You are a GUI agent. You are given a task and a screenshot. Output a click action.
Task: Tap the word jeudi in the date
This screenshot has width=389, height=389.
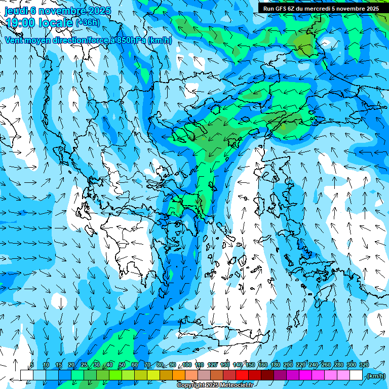[x=16, y=10]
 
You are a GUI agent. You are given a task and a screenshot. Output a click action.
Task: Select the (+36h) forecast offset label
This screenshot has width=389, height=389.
[x=87, y=22]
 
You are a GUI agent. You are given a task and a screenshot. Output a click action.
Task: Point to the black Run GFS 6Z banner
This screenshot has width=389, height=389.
[x=321, y=8]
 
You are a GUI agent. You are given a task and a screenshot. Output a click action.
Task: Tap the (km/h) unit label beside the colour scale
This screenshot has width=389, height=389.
[x=376, y=376]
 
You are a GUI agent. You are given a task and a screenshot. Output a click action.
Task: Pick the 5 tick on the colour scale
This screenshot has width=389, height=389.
[x=32, y=365]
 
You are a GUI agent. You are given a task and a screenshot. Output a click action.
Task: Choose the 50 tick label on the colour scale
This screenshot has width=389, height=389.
[x=122, y=365]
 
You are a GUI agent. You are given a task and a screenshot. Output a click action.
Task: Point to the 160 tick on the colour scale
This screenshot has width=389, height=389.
[x=262, y=365]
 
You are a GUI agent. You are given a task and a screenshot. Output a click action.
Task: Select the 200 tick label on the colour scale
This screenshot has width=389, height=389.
[x=288, y=365]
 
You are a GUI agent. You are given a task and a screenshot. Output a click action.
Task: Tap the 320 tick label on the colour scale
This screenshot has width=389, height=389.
[x=364, y=365]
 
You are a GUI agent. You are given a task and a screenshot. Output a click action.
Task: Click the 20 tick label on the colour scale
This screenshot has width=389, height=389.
[x=71, y=365]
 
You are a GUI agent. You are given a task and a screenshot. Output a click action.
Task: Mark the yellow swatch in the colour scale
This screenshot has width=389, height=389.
[x=153, y=375]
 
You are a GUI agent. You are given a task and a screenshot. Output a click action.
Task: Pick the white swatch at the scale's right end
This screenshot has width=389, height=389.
[x=357, y=375]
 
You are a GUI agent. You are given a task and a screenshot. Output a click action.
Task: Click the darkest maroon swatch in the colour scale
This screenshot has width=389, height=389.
[x=268, y=375]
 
